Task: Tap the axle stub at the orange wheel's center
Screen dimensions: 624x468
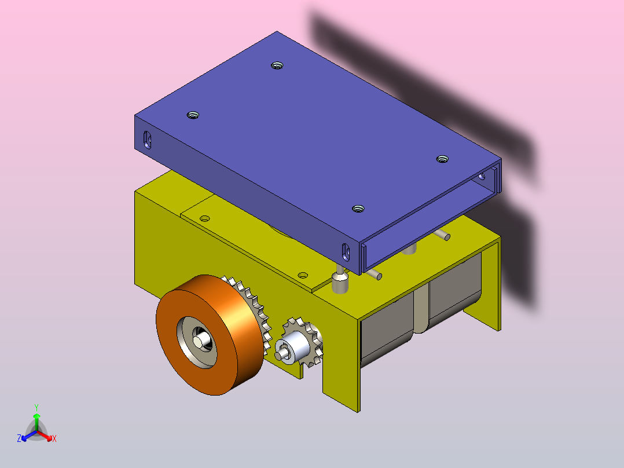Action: pos(202,340)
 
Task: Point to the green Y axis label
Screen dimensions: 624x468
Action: pos(36,407)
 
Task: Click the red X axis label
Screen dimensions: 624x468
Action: pos(54,438)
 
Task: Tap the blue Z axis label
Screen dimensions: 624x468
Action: pos(19,438)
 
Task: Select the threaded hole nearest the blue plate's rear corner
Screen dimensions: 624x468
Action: pos(277,65)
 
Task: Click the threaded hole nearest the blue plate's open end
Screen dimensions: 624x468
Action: pos(442,159)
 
